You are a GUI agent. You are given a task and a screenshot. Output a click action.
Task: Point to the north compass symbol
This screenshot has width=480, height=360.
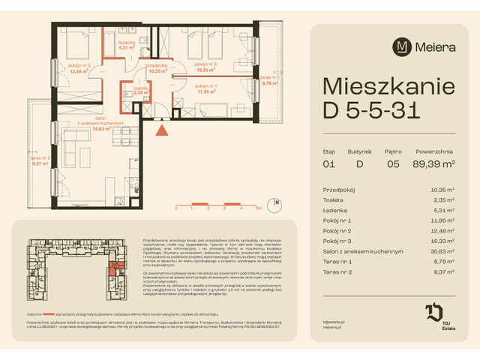pyautogui.click(x=276, y=202)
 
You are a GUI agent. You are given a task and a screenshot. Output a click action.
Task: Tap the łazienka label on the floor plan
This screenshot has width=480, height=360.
pyautogui.click(x=126, y=43)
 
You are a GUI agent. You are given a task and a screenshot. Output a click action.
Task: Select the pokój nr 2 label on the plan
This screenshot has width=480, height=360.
pyautogui.click(x=79, y=66)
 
